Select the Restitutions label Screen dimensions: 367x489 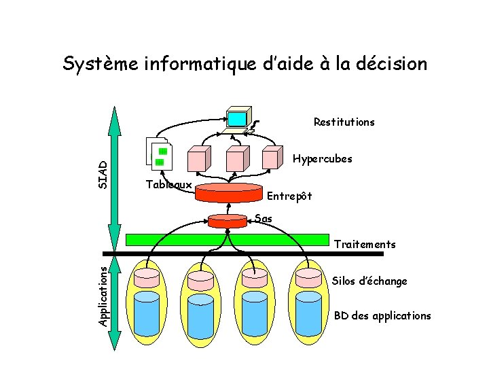pyautogui.click(x=344, y=122)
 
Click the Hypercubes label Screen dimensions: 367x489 pyautogui.click(x=322, y=159)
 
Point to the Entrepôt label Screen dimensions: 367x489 pyautogui.click(x=289, y=196)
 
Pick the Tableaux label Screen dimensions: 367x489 pyautogui.click(x=169, y=185)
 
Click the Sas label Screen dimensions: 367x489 pyautogui.click(x=264, y=219)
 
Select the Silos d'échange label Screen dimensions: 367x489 pyautogui.click(x=369, y=281)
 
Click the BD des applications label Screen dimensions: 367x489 pyautogui.click(x=382, y=315)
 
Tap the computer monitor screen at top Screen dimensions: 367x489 pyautogui.click(x=237, y=118)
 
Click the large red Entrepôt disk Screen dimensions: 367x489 pyautogui.click(x=228, y=192)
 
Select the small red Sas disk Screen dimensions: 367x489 pyautogui.click(x=228, y=221)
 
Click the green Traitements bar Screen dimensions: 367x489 pyautogui.click(x=228, y=239)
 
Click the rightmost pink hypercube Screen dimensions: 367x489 pyautogui.click(x=272, y=158)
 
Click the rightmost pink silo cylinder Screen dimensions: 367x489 pyautogui.click(x=308, y=277)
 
